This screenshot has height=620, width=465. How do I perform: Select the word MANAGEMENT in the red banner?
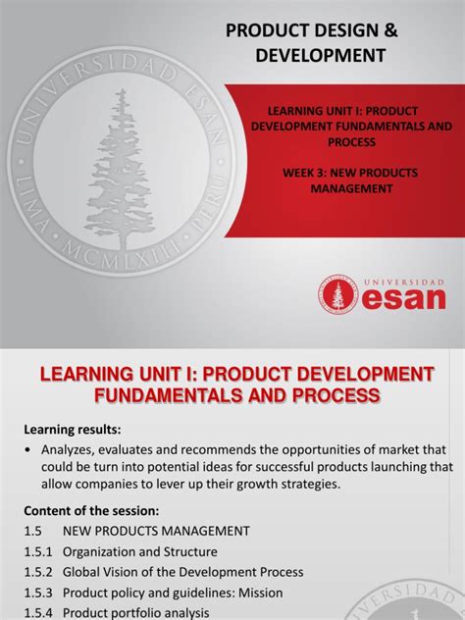coord(339,188)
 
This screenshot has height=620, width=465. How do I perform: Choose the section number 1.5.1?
coord(37,551)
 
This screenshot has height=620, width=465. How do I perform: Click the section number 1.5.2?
coord(37,572)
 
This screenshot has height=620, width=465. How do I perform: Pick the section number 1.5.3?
coord(37,593)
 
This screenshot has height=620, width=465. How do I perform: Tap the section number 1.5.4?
coord(37,613)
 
